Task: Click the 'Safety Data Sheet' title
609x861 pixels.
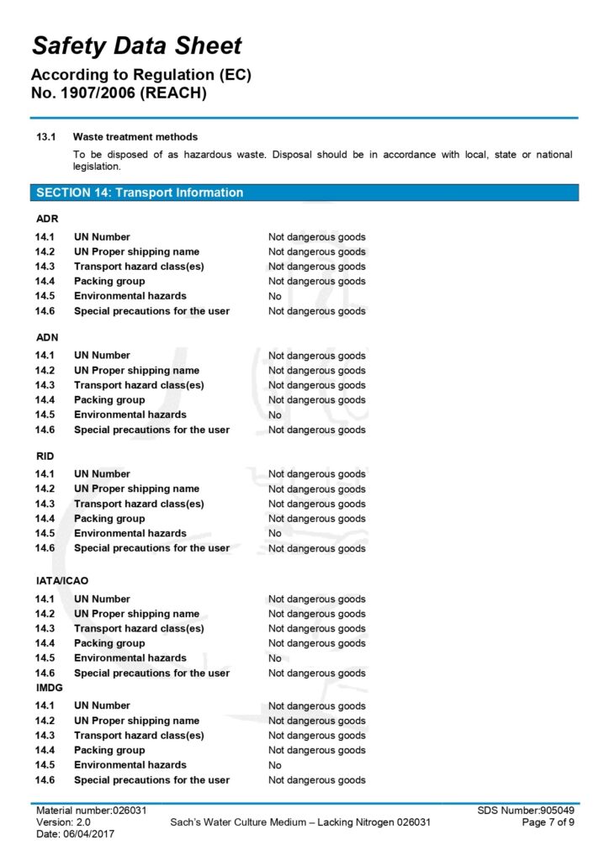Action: (137, 45)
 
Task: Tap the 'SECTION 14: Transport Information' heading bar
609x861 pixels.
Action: (140, 193)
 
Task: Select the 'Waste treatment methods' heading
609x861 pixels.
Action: (135, 136)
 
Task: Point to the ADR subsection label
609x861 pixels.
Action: (47, 219)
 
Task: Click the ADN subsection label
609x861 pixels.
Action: (47, 337)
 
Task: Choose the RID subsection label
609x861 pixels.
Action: (45, 456)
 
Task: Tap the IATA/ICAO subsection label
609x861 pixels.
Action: (61, 580)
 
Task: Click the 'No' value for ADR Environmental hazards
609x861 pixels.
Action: (275, 296)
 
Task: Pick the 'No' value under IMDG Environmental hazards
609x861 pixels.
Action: (275, 765)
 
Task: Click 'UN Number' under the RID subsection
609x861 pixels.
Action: (102, 473)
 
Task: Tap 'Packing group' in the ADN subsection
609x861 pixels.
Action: (109, 399)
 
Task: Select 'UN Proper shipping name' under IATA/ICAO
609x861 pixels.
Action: (136, 614)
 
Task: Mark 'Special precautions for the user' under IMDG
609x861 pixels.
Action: (151, 779)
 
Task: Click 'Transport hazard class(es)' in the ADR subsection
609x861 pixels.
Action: (139, 267)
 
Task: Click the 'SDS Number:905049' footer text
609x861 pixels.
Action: (526, 810)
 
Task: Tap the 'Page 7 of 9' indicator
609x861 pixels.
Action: (548, 821)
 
